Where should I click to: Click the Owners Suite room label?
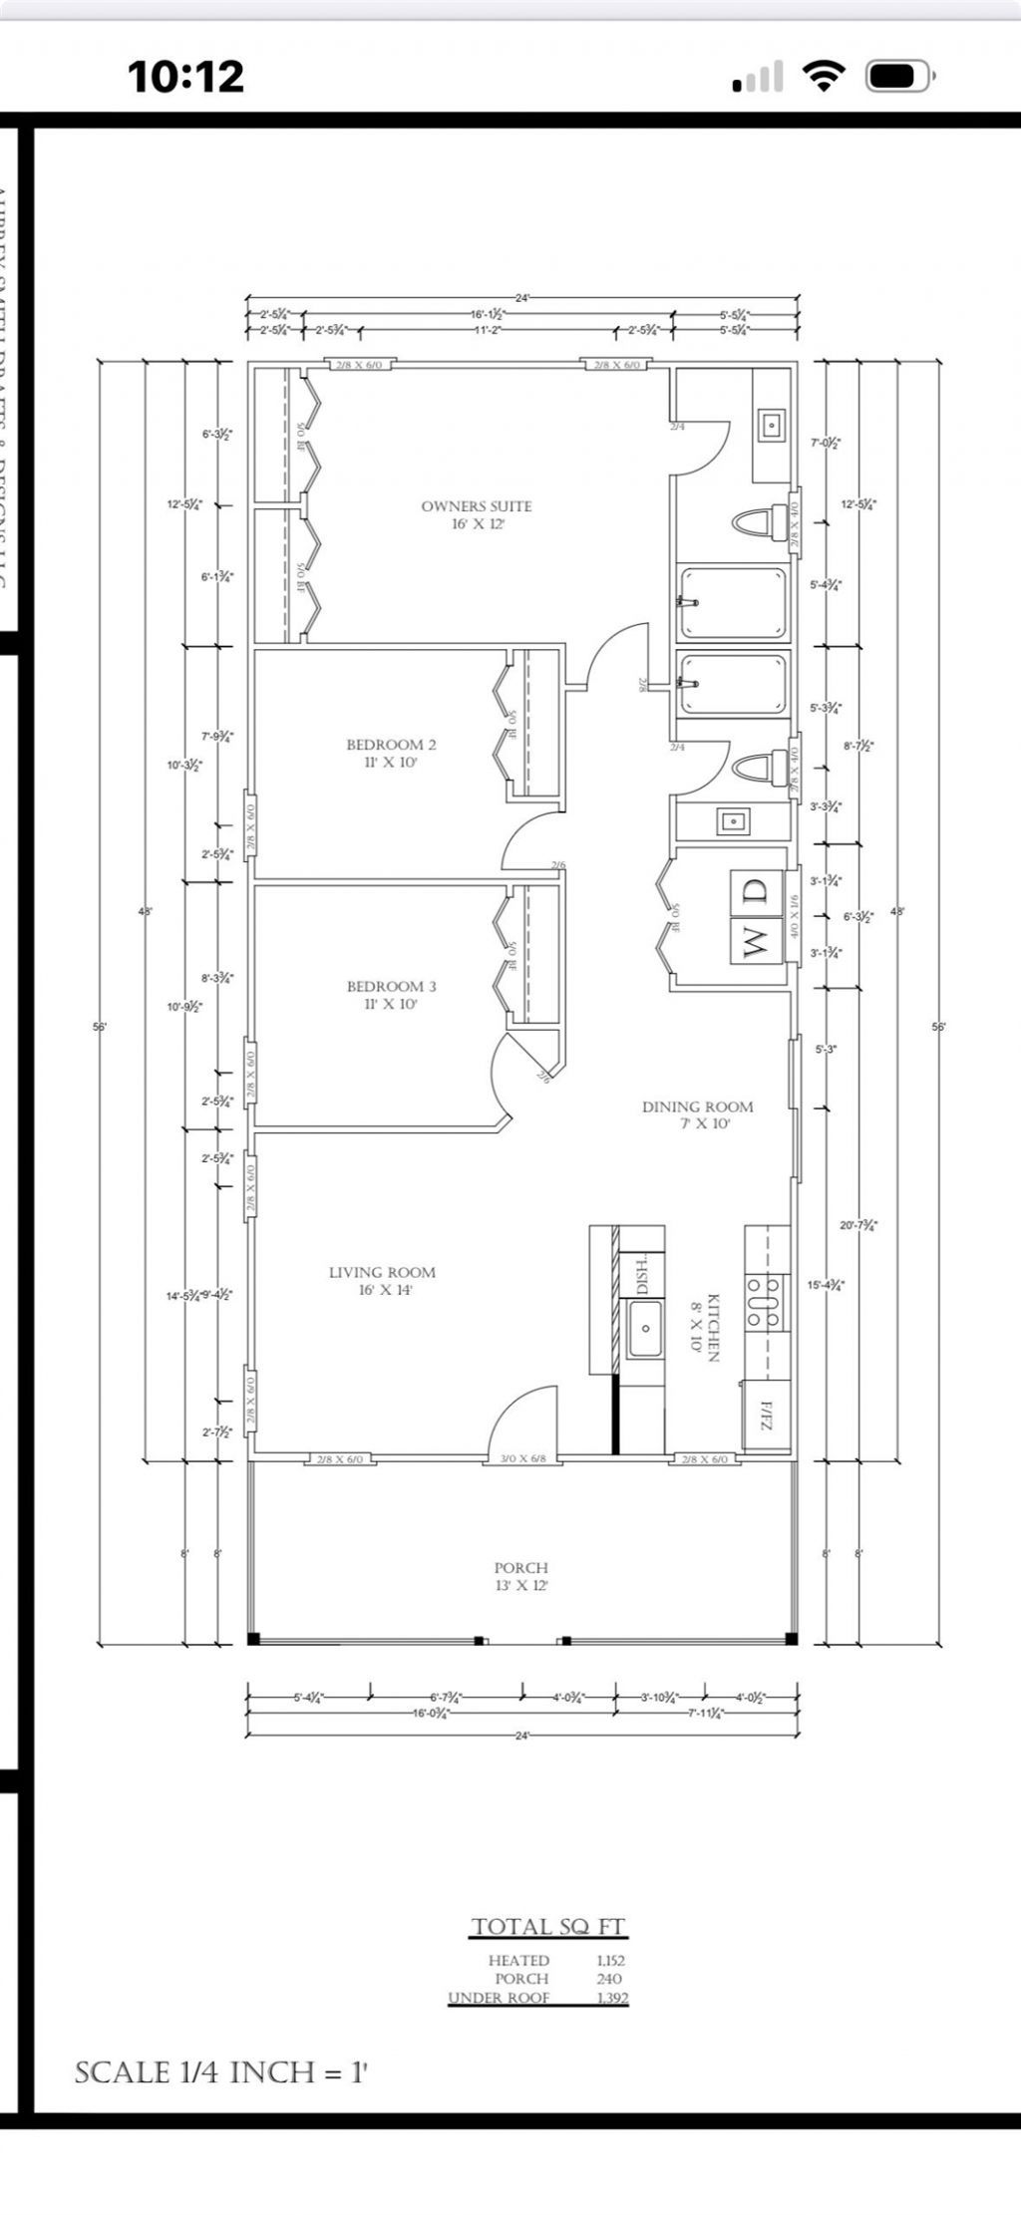point(477,506)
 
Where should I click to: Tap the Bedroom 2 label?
point(391,745)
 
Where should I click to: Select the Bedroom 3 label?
point(391,987)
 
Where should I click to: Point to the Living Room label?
point(382,1272)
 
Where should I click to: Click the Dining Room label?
point(697,1107)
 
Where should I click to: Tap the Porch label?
point(520,1568)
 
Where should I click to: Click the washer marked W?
point(755,940)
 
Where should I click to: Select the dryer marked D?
point(755,890)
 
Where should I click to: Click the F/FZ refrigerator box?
point(766,1415)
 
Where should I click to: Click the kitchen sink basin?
point(645,1328)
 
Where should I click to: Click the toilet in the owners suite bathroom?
point(758,521)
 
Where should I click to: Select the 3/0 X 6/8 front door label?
point(521,1459)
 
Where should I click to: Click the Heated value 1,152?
point(610,1960)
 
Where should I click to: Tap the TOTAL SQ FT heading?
point(547,1926)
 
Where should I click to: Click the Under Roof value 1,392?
point(611,1998)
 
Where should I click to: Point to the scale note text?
point(221,2073)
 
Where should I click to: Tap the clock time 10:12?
point(185,77)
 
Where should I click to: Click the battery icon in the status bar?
point(897,77)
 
